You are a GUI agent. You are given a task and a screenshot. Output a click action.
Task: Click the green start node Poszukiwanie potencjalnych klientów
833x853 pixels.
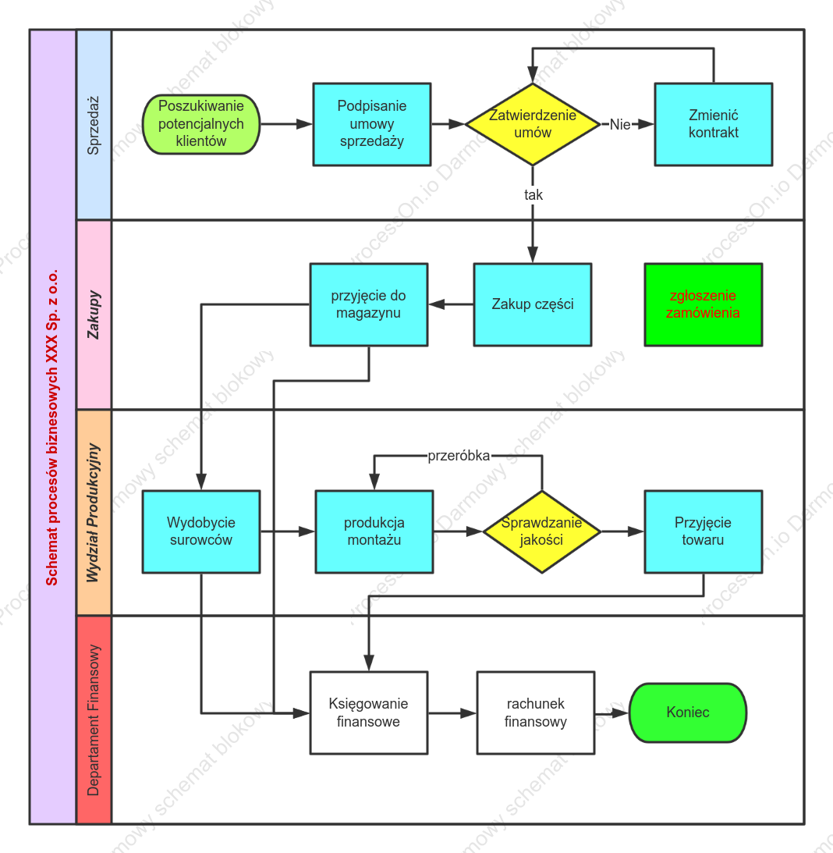201,124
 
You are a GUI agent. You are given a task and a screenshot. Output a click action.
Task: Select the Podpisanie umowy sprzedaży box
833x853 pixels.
372,124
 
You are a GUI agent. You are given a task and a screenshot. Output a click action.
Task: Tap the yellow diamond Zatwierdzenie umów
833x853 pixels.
533,124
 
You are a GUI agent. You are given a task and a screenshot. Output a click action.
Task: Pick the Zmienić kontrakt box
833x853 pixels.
714,124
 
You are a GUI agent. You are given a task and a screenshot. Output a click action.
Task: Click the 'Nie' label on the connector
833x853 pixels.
620,125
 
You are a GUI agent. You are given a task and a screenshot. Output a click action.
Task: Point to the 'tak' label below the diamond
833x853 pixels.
533,195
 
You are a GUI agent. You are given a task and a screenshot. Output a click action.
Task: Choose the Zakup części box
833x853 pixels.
533,304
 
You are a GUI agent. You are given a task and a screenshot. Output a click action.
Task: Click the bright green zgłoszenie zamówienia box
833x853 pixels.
703,304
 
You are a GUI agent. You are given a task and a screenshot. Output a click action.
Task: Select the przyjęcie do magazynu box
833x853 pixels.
369,304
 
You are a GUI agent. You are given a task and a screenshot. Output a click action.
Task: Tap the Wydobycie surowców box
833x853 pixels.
201,531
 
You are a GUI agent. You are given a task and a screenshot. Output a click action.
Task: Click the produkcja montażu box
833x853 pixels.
374,531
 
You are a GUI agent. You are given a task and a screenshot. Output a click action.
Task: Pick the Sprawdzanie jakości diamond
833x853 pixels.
541,531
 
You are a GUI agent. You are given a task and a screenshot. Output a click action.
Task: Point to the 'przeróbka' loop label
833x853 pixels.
459,456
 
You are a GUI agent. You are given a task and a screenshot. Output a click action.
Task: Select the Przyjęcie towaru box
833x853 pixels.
703,531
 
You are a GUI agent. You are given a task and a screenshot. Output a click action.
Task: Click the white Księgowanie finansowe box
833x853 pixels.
369,713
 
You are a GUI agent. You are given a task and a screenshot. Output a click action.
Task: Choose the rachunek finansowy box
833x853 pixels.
536,713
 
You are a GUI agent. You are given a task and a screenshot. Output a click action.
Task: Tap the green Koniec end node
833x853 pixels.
688,713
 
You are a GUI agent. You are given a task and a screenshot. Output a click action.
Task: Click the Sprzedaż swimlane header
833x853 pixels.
94,125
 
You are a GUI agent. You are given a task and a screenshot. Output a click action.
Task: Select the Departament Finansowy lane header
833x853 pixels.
94,720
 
